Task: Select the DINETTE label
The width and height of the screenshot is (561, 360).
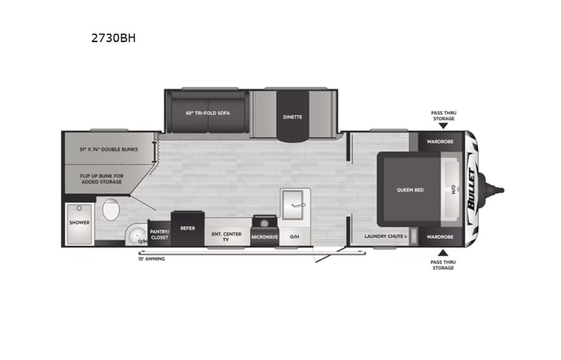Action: click(x=292, y=117)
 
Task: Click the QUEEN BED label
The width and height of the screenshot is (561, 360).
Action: click(x=405, y=189)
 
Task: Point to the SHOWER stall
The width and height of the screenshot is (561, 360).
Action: click(x=80, y=222)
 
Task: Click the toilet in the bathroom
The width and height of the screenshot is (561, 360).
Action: click(x=112, y=210)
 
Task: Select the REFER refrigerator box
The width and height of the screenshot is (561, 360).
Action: click(x=186, y=228)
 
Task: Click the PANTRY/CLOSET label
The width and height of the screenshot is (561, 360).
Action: click(x=159, y=234)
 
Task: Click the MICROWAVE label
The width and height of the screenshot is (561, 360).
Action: click(x=264, y=237)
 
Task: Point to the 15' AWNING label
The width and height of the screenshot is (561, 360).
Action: click(x=151, y=259)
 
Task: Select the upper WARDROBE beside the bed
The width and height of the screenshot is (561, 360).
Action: click(x=442, y=141)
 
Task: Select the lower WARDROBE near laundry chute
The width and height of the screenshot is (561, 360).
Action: click(x=442, y=236)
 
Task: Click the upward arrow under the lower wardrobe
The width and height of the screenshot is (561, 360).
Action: click(x=442, y=253)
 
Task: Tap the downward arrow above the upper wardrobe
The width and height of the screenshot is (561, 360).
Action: click(x=442, y=126)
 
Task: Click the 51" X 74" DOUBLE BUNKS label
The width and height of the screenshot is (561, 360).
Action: click(x=108, y=149)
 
